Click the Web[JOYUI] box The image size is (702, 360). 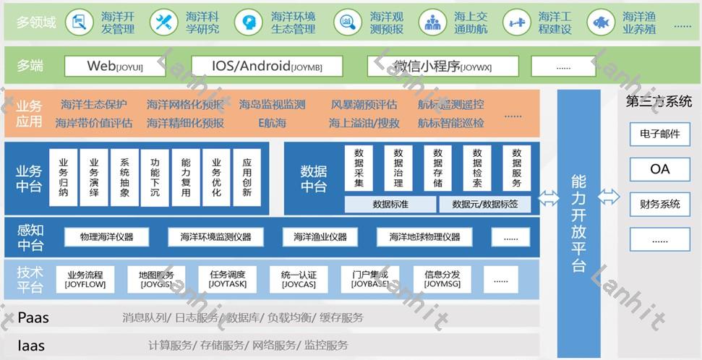[x=116, y=67]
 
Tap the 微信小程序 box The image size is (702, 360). [x=442, y=67]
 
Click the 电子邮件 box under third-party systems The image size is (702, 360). [x=659, y=134]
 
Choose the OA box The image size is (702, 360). [x=659, y=169]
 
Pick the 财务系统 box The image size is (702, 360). [x=659, y=205]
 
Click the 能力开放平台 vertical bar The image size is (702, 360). [x=578, y=217]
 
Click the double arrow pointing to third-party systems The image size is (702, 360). [x=609, y=197]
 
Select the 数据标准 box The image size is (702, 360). [x=390, y=205]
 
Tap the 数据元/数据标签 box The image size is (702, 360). [x=484, y=205]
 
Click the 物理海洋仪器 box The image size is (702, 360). [x=106, y=236]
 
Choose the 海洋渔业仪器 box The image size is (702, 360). [x=320, y=236]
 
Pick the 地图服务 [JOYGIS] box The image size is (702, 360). [x=151, y=279]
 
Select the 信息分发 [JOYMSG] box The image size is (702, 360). [x=442, y=279]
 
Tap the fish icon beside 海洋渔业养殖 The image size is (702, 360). [x=600, y=22]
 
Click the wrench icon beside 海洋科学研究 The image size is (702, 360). [x=164, y=22]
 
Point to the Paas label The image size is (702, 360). [x=33, y=317]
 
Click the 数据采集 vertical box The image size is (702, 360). [x=359, y=168]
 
